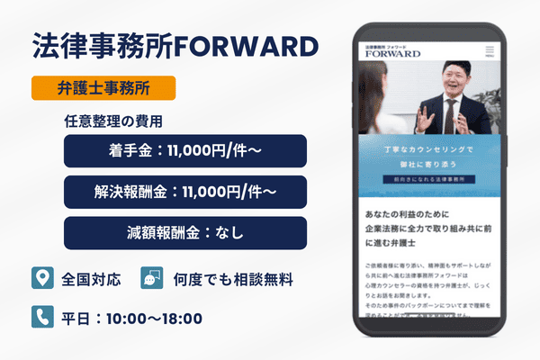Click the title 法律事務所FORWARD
pos(175,46)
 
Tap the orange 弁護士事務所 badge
pos(103,88)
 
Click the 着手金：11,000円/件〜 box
pos(185,151)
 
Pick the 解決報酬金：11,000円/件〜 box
pos(185,192)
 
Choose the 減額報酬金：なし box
pos(185,232)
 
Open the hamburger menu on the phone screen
pos(489,50)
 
